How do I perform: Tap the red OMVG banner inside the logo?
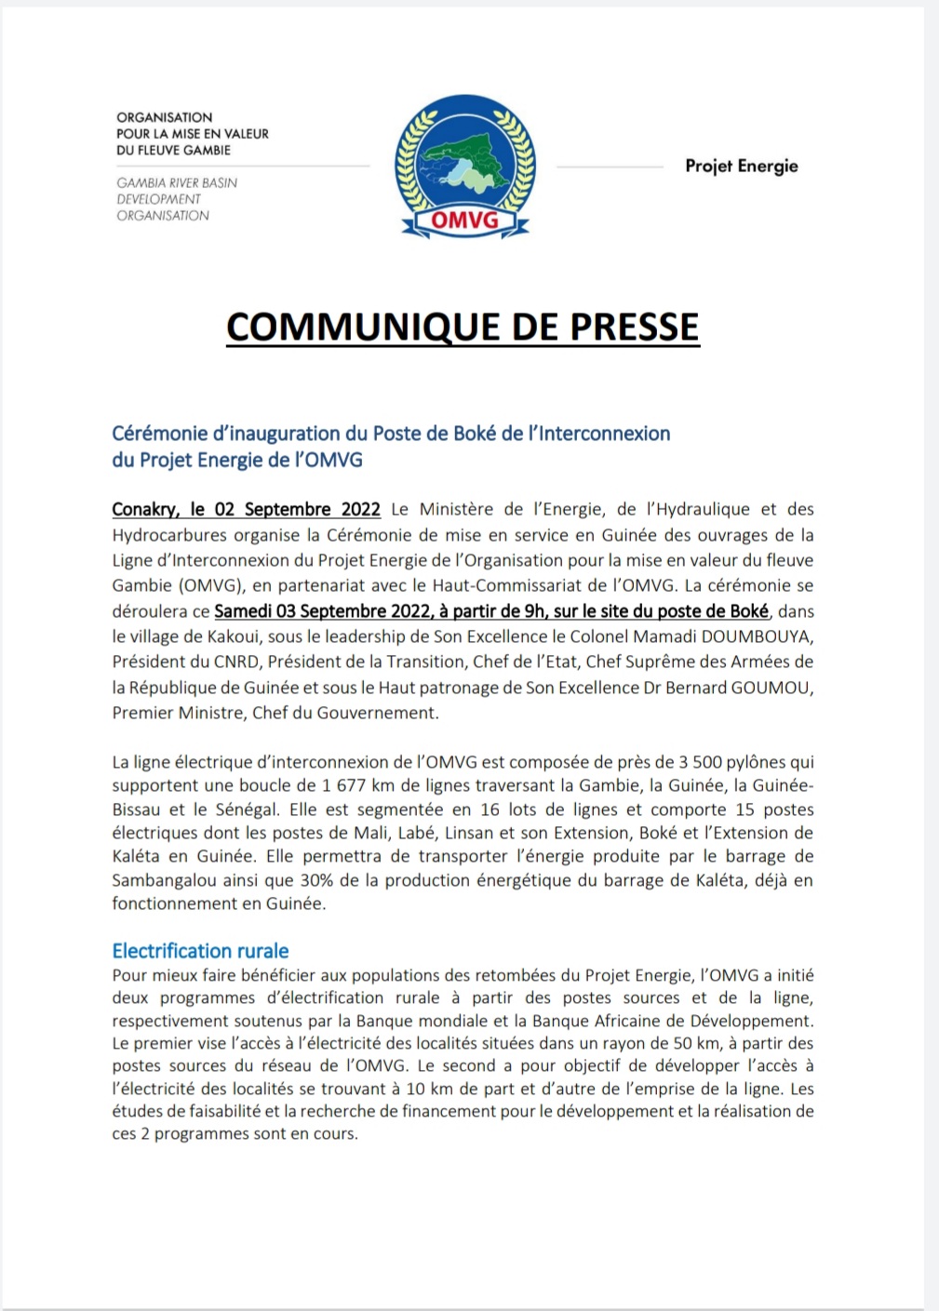[x=464, y=221]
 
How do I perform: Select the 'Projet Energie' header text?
[x=742, y=167]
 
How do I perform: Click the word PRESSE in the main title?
[x=634, y=328]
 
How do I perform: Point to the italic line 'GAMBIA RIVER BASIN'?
[x=177, y=183]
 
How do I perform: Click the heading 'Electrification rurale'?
[x=200, y=951]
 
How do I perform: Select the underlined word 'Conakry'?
[x=144, y=509]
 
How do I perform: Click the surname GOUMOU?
[x=767, y=688]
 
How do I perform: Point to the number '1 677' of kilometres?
[x=344, y=785]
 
